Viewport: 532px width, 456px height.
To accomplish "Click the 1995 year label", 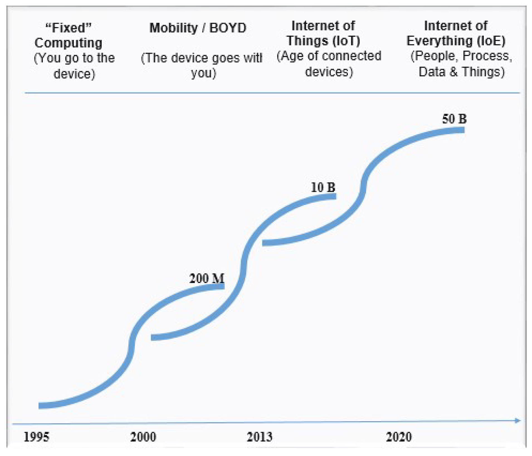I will click(36, 437).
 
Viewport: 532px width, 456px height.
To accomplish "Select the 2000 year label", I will click(143, 437).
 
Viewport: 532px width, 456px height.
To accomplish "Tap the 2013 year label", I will click(259, 437).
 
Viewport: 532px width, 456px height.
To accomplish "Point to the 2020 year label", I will click(399, 437).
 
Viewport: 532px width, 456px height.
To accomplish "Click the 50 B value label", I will click(454, 119).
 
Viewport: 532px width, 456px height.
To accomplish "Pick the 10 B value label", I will click(323, 187).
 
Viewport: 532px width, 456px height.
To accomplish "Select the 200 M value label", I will click(207, 278).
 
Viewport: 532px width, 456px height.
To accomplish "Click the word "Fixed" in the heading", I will click(68, 28).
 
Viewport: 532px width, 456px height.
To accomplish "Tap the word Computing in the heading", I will click(68, 43).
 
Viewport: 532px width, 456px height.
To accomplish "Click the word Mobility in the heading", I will click(173, 28).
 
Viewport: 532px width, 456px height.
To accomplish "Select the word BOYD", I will click(228, 28).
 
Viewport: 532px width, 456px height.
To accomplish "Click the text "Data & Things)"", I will click(462, 72).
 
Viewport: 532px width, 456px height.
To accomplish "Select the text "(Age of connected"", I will click(329, 56).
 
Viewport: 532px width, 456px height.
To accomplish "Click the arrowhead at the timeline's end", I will click(517, 421).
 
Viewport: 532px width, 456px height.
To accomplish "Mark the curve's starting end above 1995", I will click(40, 406).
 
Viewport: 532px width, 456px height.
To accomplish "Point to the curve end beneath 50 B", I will click(462, 130).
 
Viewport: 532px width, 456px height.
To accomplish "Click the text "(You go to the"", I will click(74, 58).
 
